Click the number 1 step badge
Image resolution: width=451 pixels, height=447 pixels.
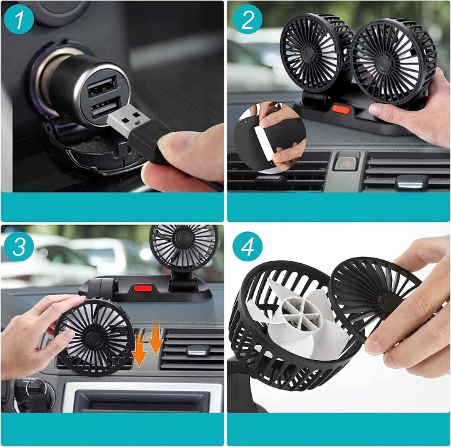click(x=19, y=19)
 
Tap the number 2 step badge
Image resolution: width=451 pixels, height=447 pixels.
click(x=247, y=19)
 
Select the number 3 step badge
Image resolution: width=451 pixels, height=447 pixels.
click(x=19, y=246)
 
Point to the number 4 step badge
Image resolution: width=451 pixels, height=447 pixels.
click(x=247, y=246)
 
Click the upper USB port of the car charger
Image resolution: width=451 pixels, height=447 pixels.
click(x=103, y=86)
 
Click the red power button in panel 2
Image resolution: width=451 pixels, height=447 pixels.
click(x=341, y=109)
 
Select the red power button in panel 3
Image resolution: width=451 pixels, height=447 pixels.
click(x=143, y=288)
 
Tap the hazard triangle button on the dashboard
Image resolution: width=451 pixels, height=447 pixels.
click(x=345, y=163)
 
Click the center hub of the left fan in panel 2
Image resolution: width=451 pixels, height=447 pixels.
click(x=307, y=52)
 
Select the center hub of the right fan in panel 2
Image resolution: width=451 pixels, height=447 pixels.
click(x=385, y=62)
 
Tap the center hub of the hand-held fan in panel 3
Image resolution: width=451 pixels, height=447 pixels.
click(x=91, y=336)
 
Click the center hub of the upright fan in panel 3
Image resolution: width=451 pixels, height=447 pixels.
click(x=183, y=238)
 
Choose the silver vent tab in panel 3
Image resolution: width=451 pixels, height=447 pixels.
click(x=197, y=350)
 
